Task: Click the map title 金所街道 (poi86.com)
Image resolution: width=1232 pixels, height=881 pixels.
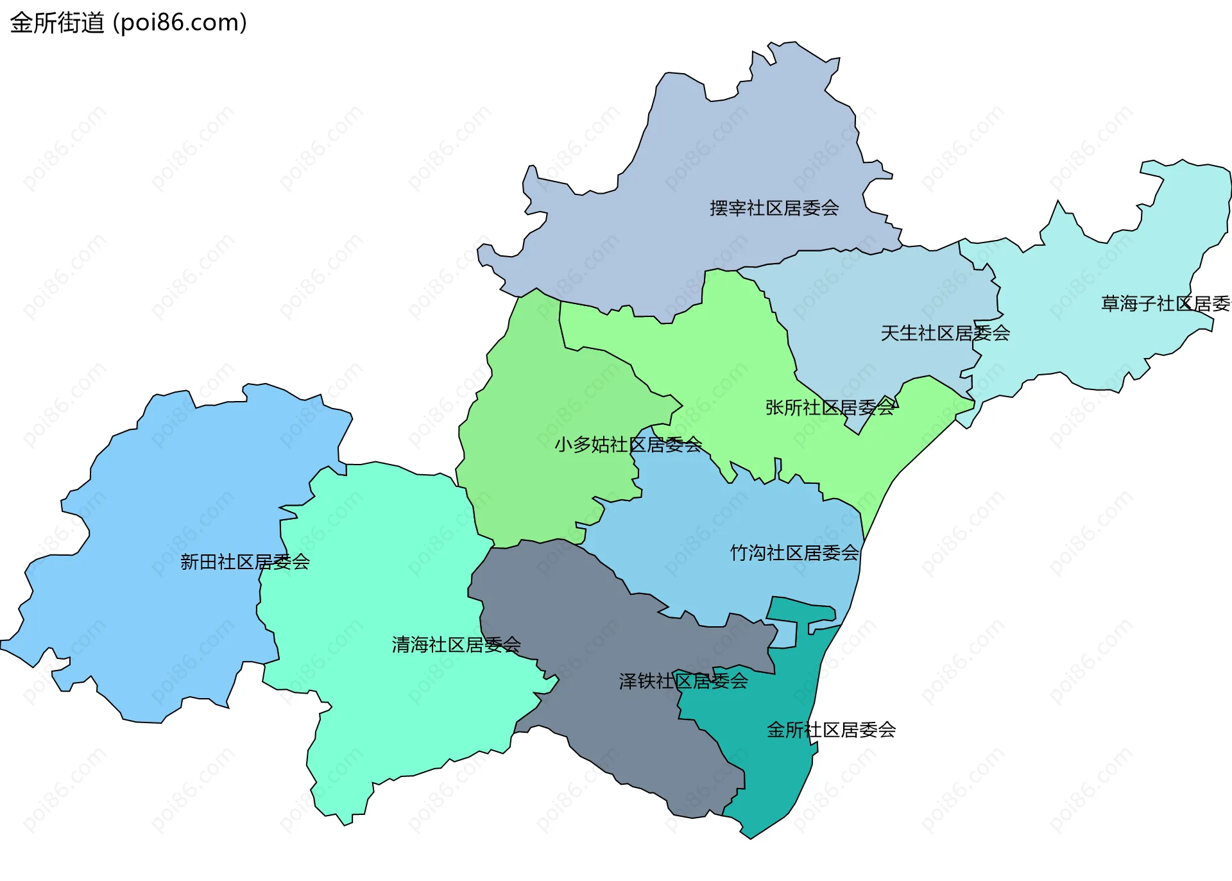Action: tap(128, 23)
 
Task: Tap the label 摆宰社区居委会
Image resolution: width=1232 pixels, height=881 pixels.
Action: tap(774, 208)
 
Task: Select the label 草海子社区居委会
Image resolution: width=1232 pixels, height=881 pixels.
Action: tap(1165, 304)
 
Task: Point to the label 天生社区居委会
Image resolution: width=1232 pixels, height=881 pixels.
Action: tap(945, 333)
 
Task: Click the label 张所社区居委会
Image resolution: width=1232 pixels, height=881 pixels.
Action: tap(830, 407)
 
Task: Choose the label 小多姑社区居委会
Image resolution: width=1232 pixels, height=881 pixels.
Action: tap(628, 444)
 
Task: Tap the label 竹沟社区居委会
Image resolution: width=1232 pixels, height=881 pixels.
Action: tap(794, 552)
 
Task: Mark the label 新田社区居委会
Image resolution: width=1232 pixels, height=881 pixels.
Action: tap(244, 562)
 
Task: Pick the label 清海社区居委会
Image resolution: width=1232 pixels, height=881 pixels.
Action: tap(456, 645)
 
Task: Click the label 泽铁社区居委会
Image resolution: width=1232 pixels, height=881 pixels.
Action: tap(683, 681)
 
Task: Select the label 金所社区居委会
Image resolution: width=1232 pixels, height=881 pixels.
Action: tap(831, 730)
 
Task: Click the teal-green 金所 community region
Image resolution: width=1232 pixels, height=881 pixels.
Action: tap(770, 770)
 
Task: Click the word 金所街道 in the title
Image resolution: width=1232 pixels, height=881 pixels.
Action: tap(56, 23)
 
